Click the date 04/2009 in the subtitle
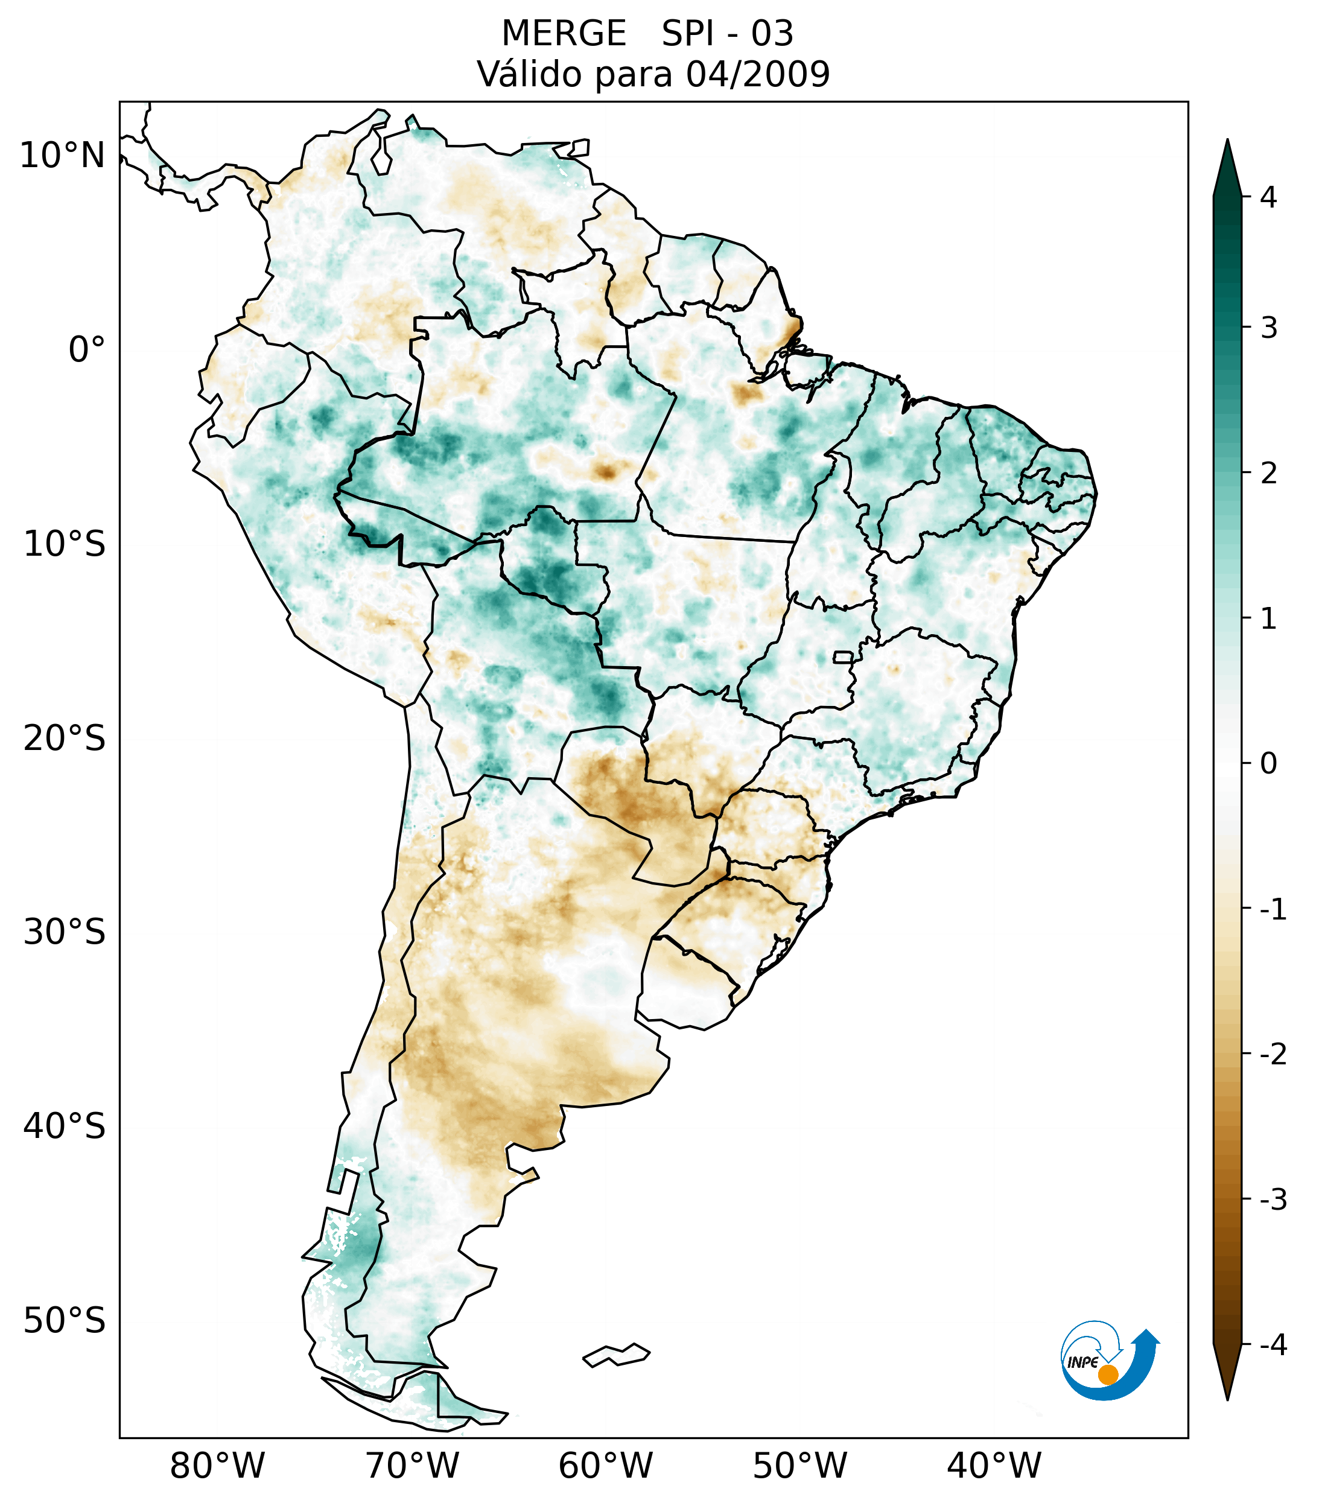757,74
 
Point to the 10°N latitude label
63,156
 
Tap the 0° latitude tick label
87,349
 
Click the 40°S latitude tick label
65,1126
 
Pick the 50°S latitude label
65,1321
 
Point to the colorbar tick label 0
1268,763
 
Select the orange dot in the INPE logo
1107,1374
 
